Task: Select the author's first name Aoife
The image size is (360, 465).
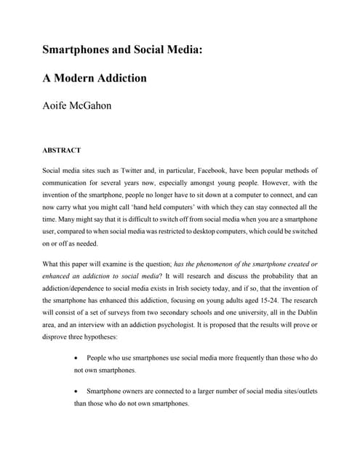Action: pos(57,105)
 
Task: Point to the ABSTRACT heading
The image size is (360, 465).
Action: pos(61,151)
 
